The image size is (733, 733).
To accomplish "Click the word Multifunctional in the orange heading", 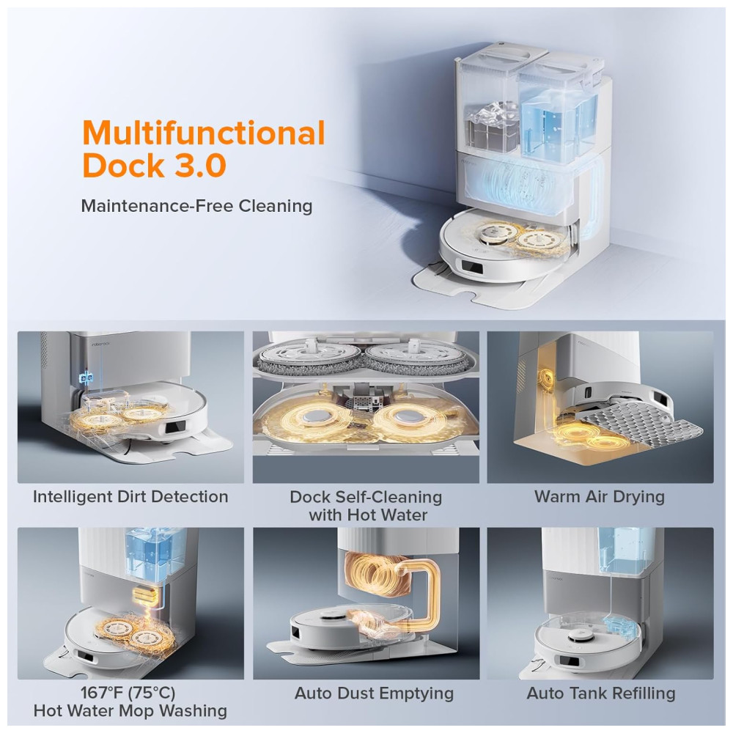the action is (x=203, y=133).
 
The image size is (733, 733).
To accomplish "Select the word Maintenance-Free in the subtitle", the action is (x=157, y=206).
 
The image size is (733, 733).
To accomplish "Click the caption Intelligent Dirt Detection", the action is (x=130, y=497).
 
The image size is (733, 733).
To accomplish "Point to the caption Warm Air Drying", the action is (x=600, y=497).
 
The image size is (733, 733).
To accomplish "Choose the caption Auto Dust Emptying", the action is (x=374, y=693).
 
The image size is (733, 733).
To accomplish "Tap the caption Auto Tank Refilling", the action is (x=601, y=693).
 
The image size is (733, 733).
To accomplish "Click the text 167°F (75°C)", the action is (x=128, y=693).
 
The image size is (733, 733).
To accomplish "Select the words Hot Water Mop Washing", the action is (x=130, y=711).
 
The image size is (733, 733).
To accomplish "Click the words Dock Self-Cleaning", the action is (x=366, y=497).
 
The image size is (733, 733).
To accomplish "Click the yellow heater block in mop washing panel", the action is (x=143, y=594).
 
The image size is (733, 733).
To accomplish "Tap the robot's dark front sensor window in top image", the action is (x=471, y=268).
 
